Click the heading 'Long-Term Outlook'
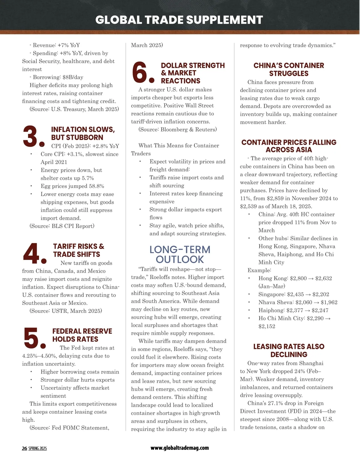coord(180,254)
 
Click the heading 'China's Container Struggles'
coord(289,69)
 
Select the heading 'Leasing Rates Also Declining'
coord(289,350)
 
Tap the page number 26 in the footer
coord(24,449)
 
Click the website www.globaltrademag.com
coord(180,448)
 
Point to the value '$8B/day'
coord(73,77)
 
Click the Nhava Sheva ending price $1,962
coord(329,302)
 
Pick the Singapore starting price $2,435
coord(295,294)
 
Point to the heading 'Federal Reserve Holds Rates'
coord(82,335)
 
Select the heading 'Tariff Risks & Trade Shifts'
coord(79,250)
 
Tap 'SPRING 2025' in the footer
coord(38,449)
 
